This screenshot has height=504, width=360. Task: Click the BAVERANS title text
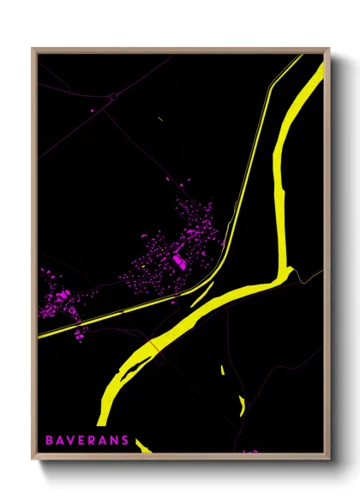click(x=87, y=441)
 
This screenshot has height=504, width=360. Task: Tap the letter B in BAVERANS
click(x=50, y=441)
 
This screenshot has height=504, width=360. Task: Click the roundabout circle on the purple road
click(x=112, y=98)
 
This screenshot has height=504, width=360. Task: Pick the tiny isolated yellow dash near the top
click(x=161, y=117)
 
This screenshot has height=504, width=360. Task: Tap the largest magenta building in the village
click(x=178, y=260)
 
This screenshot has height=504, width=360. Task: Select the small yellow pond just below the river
click(x=221, y=370)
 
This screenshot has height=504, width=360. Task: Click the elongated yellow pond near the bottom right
click(x=242, y=405)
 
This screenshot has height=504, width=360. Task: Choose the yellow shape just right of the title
click(x=142, y=446)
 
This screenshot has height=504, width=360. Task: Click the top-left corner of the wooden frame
click(x=33, y=50)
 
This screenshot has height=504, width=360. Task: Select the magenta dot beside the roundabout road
click(x=93, y=111)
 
